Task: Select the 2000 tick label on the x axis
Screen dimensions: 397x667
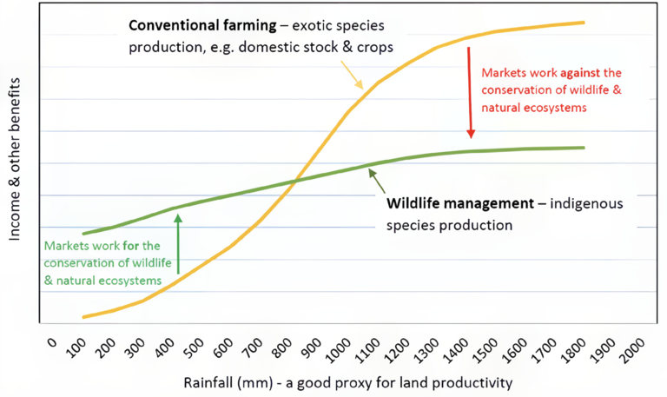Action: click(x=632, y=352)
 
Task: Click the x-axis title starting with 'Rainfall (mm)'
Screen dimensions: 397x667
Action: click(x=347, y=382)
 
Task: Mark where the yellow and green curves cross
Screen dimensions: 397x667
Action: click(x=294, y=181)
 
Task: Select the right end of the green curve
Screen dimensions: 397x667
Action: click(x=584, y=147)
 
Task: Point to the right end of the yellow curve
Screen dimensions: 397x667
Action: click(x=584, y=23)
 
